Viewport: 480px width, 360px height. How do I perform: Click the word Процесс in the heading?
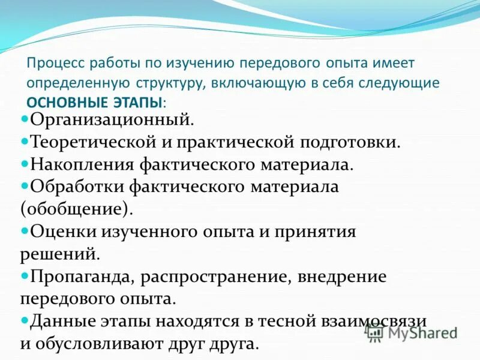tap(54, 63)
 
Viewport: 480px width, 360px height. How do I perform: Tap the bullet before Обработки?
tap(25, 185)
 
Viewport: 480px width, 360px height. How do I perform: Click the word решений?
tap(59, 254)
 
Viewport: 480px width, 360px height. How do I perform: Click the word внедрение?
tap(340, 277)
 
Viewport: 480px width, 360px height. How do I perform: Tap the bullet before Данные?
tap(25, 320)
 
